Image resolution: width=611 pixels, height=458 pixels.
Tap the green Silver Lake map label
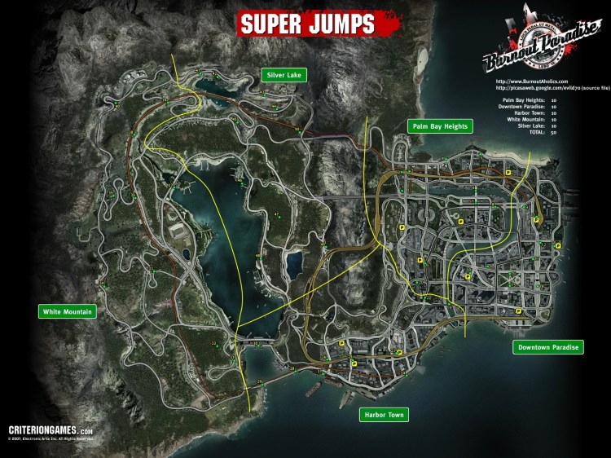click(282, 75)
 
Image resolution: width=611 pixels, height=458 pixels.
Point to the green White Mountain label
click(68, 311)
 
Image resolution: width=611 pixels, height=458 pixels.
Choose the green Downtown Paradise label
click(548, 347)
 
